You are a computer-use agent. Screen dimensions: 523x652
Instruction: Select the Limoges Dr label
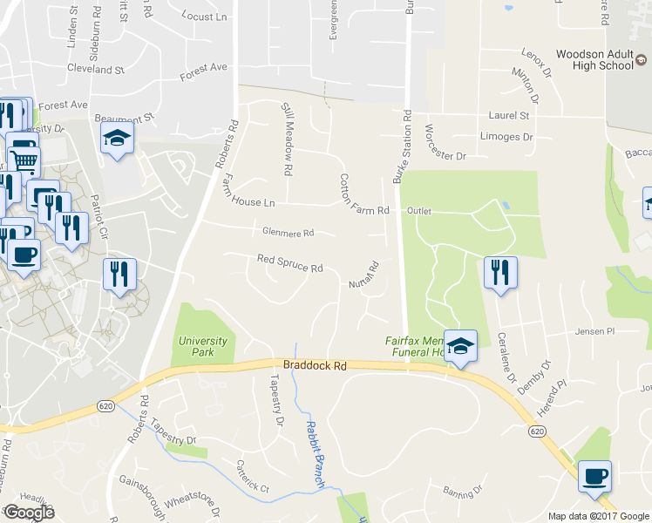tap(506, 137)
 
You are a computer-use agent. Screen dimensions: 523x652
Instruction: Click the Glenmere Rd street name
tap(287, 233)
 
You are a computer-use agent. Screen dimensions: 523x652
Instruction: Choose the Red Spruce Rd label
tap(289, 262)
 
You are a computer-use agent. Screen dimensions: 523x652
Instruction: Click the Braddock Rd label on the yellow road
tap(315, 367)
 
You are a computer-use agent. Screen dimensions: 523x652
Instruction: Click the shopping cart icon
tap(24, 160)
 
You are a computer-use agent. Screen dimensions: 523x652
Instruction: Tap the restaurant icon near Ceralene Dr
tap(500, 272)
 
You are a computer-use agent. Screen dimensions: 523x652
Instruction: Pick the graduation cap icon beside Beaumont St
tap(116, 138)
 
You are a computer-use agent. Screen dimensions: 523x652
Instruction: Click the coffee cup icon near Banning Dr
tap(594, 476)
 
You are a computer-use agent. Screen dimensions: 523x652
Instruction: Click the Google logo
tap(29, 513)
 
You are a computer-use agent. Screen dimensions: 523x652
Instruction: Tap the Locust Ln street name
tap(204, 16)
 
